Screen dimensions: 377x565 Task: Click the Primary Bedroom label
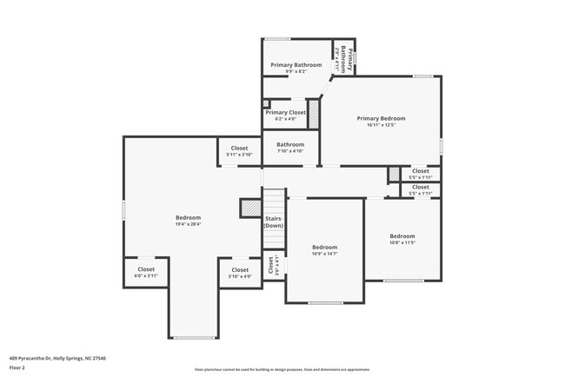click(381, 118)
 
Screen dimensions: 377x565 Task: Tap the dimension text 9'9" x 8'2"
click(296, 72)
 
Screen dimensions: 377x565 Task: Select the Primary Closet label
click(285, 112)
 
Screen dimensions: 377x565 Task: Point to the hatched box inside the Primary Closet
click(314, 115)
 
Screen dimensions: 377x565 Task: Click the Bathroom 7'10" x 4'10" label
click(290, 144)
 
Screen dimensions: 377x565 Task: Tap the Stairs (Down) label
click(274, 222)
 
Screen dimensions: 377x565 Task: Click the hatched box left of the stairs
click(250, 208)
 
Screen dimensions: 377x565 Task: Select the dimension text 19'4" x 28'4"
click(188, 224)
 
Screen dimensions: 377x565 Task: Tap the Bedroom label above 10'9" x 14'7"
click(325, 248)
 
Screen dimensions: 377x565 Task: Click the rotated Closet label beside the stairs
click(270, 264)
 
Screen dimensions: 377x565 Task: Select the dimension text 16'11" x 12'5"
click(381, 125)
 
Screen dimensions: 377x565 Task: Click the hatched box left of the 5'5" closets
click(394, 175)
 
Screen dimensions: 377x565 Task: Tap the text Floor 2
click(17, 367)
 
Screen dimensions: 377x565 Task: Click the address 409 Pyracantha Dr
click(35, 357)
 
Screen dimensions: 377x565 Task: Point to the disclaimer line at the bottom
click(282, 370)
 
